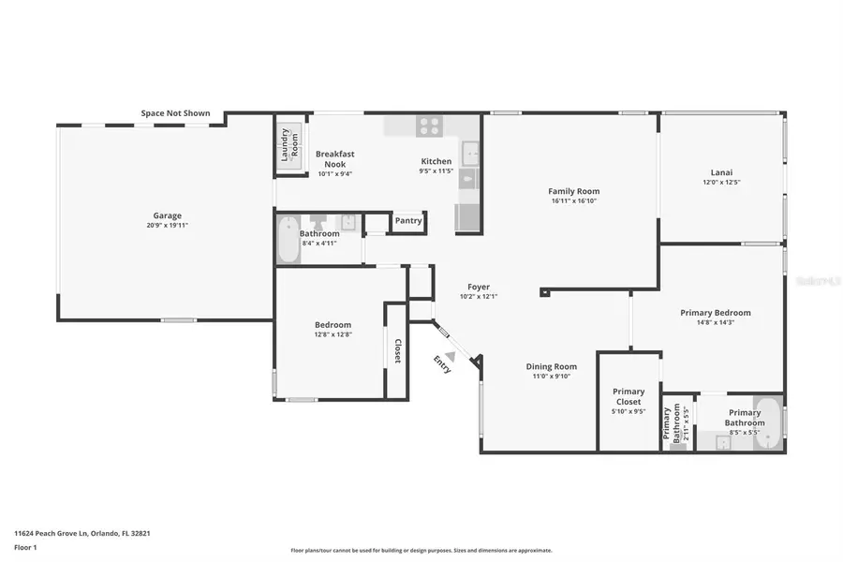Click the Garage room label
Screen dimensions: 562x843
click(168, 215)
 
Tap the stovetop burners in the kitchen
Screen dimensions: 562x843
click(430, 126)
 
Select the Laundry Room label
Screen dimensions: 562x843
click(291, 142)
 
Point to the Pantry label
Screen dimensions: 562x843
click(408, 221)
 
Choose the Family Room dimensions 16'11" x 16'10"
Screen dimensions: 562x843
click(574, 200)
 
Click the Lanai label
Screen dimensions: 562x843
click(721, 171)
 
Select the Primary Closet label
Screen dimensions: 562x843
click(629, 396)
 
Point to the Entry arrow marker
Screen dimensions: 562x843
click(451, 356)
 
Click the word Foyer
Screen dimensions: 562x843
click(478, 287)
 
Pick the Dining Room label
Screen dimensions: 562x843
click(551, 366)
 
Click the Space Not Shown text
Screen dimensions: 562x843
click(176, 113)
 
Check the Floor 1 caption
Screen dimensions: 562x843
click(25, 547)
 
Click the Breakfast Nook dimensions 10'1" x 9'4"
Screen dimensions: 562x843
click(334, 173)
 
